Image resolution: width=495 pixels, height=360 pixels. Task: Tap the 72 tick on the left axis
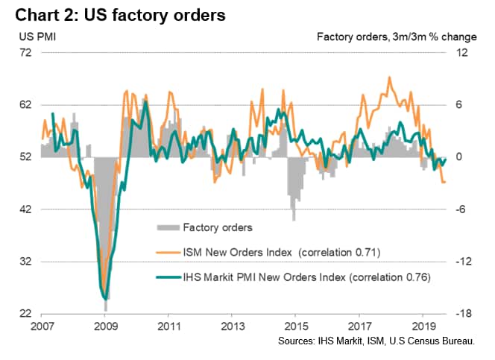[x=26, y=52]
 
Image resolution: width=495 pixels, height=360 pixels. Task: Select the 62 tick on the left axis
[x=26, y=104]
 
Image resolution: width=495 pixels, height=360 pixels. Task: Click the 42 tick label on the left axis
[x=26, y=209]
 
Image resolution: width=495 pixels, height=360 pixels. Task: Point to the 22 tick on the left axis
[x=26, y=314]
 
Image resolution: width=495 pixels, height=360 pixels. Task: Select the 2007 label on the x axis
[x=42, y=326]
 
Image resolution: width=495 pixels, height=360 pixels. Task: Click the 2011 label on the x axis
[x=169, y=326]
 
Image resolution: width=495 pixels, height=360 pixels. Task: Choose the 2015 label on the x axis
[x=297, y=326]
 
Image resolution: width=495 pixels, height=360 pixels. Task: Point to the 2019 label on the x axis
[x=423, y=326]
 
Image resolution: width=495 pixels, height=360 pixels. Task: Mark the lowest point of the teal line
[x=105, y=299]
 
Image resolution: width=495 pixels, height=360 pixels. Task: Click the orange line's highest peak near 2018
[x=388, y=77]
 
